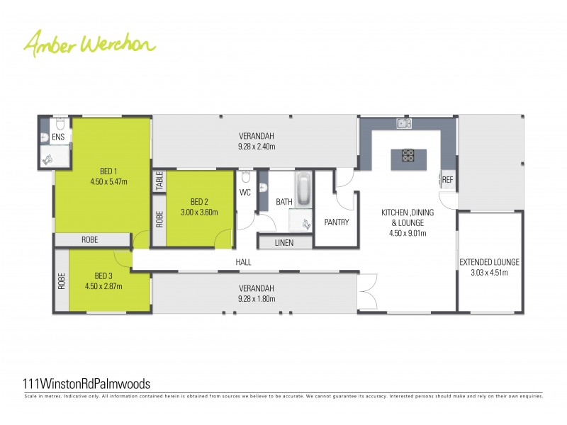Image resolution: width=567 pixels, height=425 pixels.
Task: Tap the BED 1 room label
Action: [108, 171]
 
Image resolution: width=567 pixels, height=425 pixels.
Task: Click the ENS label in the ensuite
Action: [58, 136]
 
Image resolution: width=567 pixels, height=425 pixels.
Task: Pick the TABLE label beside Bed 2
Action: [159, 181]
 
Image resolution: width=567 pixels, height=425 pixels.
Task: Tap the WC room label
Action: [245, 192]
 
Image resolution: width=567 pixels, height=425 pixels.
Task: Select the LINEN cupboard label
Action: [284, 243]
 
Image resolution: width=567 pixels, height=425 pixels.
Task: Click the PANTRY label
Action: [337, 222]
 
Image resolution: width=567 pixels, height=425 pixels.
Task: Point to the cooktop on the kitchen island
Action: [409, 154]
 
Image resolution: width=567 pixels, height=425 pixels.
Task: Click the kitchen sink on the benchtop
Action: [403, 124]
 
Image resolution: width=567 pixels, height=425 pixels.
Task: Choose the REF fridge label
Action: [447, 180]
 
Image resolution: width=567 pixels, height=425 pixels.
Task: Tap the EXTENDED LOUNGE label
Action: [489, 262]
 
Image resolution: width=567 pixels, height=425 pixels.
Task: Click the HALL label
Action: [244, 262]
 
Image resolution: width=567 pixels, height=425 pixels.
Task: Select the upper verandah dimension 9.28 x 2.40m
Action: [256, 147]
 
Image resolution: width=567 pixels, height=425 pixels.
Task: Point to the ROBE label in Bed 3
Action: [62, 283]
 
